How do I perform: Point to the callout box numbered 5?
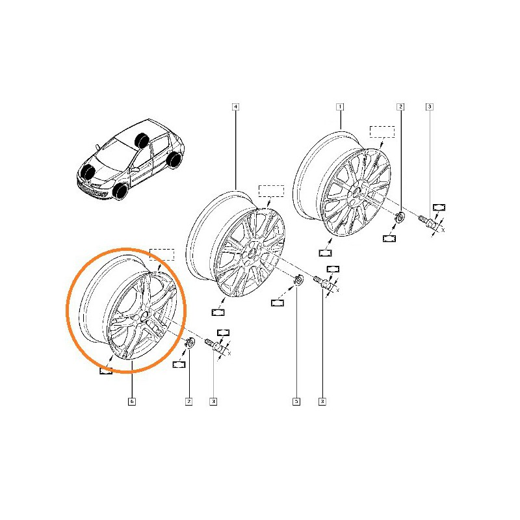(x=296, y=402)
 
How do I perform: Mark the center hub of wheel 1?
(x=357, y=192)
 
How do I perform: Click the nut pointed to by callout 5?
(x=299, y=281)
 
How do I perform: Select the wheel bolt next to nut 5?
(x=322, y=283)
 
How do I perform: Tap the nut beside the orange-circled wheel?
(x=190, y=343)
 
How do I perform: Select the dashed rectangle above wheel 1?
(x=382, y=131)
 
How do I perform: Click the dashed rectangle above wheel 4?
(x=271, y=190)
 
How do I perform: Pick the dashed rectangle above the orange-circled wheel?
(x=162, y=254)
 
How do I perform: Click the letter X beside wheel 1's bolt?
(x=443, y=230)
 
